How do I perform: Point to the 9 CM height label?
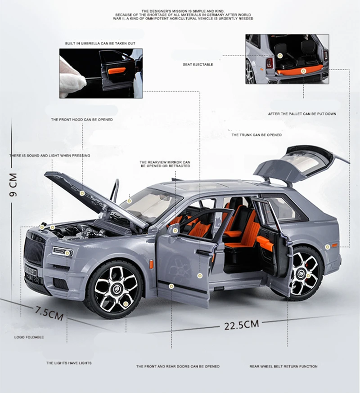pos(13,185)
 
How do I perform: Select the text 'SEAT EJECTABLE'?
pos(198,65)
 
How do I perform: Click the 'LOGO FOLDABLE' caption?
pos(29,337)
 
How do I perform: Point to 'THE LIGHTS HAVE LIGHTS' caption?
pos(68,363)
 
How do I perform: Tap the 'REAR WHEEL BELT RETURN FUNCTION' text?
pos(283,366)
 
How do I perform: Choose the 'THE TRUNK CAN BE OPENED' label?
pos(256,135)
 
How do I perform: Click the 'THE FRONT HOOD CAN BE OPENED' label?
pos(82,120)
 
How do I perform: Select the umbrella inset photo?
pos(101,73)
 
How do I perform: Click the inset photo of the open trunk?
pos(287,59)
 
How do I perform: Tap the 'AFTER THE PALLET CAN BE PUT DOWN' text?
pos(302,114)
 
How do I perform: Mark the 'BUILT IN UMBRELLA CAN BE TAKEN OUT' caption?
pos(100,44)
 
